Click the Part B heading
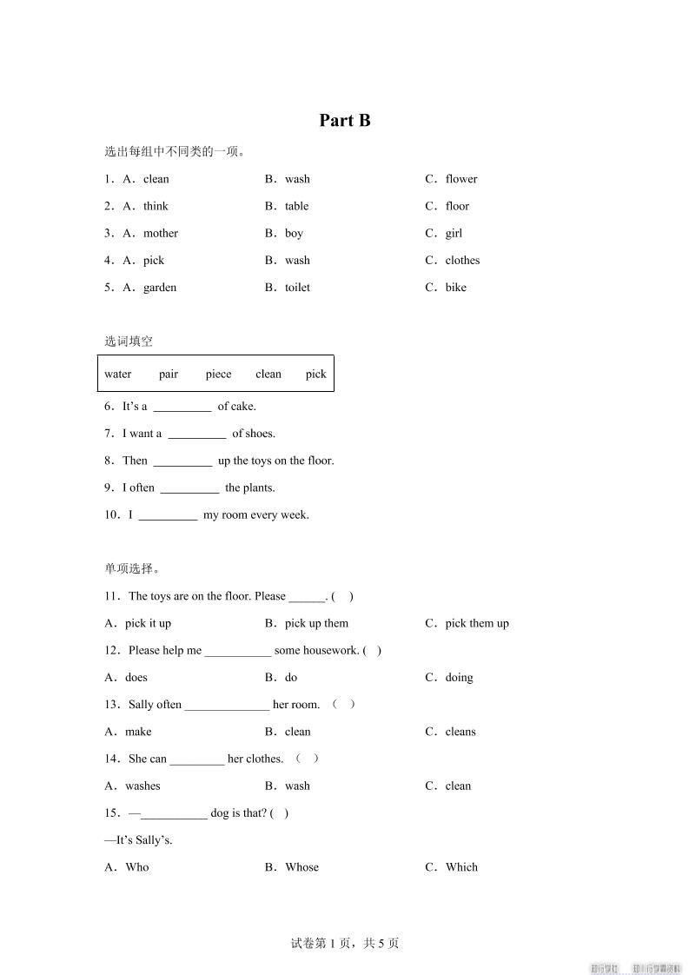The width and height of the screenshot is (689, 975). click(345, 121)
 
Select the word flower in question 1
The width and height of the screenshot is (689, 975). click(460, 179)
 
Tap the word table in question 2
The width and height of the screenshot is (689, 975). click(296, 206)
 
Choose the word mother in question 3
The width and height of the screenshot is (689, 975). click(161, 233)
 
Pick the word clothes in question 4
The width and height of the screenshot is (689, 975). click(462, 260)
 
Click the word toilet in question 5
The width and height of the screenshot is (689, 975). click(297, 288)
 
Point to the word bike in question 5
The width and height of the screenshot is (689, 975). click(455, 288)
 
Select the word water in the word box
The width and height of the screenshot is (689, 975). click(118, 375)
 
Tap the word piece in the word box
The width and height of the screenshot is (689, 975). click(218, 375)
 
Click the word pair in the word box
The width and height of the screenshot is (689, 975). click(169, 375)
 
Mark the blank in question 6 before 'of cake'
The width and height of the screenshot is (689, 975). click(182, 407)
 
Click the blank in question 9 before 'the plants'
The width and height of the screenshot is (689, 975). click(189, 488)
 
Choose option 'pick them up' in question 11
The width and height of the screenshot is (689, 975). click(477, 623)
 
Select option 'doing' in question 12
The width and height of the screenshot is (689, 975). click(459, 678)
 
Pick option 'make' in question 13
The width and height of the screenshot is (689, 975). click(138, 732)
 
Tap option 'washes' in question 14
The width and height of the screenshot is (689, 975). click(142, 786)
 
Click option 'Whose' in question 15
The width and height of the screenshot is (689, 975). click(301, 867)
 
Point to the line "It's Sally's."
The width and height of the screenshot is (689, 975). click(139, 840)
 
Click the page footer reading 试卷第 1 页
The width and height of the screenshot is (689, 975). click(345, 943)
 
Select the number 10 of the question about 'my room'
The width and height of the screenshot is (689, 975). click(110, 515)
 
